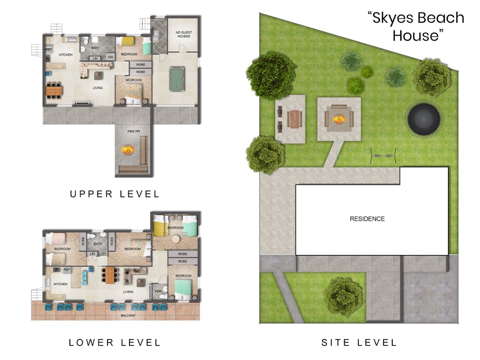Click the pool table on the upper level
[175, 79]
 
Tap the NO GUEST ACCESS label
[183, 34]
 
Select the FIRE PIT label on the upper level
[133, 132]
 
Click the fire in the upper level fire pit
[128, 150]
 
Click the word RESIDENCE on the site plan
[367, 219]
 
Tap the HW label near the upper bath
[110, 57]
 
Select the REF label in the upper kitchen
[49, 49]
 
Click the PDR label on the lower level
[158, 291]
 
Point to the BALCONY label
[128, 315]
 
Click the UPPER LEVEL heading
[115, 194]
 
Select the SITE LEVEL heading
[359, 342]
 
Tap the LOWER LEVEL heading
[115, 342]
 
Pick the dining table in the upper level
[54, 90]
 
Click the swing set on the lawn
[383, 155]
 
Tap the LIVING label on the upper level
[97, 88]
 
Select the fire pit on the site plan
[339, 119]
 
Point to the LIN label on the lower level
[92, 254]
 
